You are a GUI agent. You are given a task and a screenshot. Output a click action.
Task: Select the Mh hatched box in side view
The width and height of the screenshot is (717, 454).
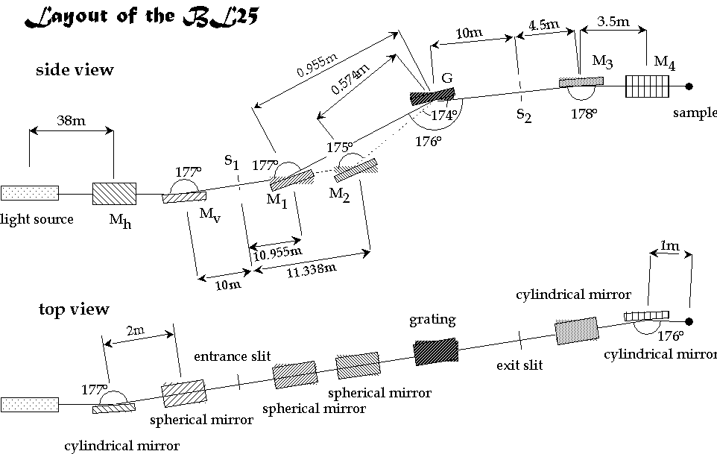[x=114, y=194]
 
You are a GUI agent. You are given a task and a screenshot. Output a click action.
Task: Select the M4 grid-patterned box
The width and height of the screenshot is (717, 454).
[x=648, y=86]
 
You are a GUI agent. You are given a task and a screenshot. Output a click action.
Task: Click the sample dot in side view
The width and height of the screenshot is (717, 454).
[x=689, y=86]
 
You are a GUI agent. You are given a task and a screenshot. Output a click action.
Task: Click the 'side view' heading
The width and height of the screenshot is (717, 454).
[x=75, y=70]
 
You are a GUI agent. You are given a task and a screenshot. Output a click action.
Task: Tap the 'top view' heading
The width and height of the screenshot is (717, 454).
[x=73, y=309]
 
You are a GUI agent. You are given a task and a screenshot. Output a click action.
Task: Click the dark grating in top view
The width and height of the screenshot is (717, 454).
[x=435, y=350]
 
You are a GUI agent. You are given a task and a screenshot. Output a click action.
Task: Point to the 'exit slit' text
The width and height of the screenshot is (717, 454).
[x=519, y=365]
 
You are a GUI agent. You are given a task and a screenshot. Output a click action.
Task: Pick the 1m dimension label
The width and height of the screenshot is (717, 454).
[x=669, y=245]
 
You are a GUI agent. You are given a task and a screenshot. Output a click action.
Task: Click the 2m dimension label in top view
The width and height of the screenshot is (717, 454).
[x=136, y=329]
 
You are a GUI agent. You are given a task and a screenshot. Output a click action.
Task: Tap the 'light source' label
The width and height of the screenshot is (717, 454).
[x=37, y=219]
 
